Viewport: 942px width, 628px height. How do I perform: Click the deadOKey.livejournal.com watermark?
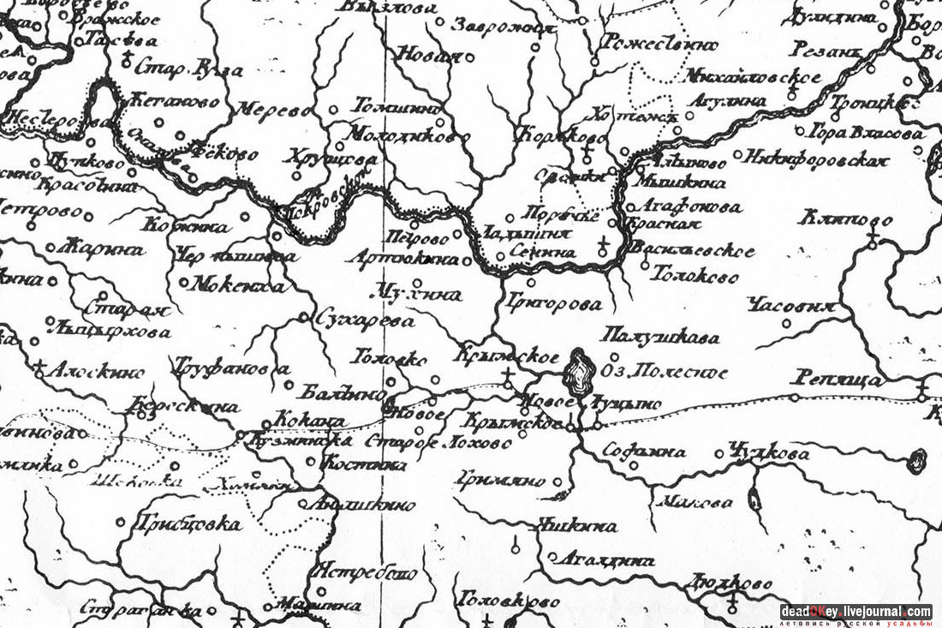(x=856, y=611)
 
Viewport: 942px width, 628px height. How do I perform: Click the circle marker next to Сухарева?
(x=303, y=318)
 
